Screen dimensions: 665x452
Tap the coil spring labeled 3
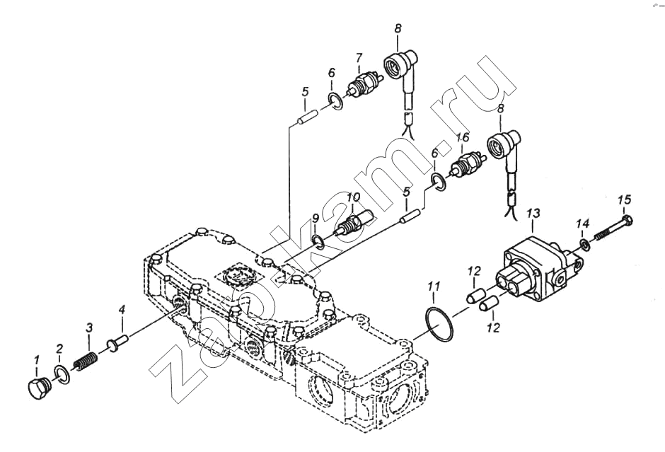(x=86, y=361)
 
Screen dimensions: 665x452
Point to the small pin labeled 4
(x=118, y=342)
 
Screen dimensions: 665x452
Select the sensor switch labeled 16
(x=466, y=164)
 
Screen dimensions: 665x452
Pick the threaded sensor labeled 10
(x=354, y=222)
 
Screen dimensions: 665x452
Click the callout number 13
(x=533, y=214)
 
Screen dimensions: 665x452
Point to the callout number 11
(x=434, y=286)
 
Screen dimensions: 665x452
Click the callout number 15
(x=624, y=199)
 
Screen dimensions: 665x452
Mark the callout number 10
(x=353, y=197)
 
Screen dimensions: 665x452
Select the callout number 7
(x=359, y=57)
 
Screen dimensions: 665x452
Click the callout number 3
(x=88, y=328)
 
